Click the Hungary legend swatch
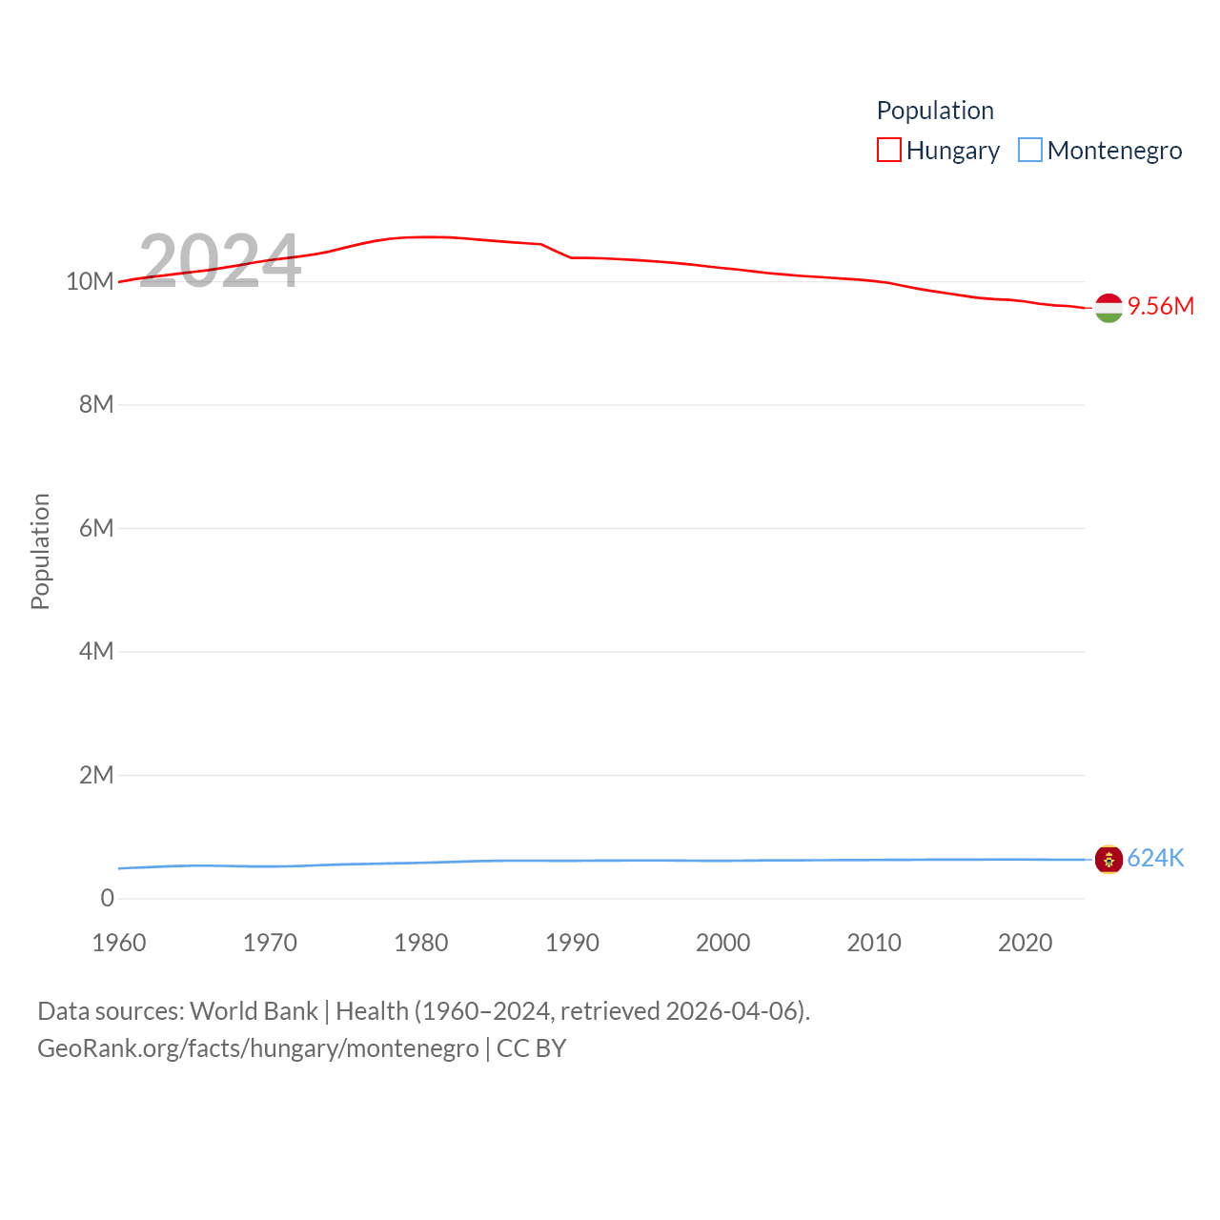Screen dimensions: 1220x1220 (x=888, y=151)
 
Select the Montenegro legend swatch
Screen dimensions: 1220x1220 (x=1029, y=151)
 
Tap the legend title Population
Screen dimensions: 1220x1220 (x=934, y=111)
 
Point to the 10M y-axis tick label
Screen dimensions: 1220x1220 (x=90, y=281)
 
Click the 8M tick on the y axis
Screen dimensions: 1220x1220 (x=96, y=404)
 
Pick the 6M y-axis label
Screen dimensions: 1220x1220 (x=96, y=528)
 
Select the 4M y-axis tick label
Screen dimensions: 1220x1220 (x=96, y=651)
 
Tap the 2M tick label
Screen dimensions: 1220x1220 (x=96, y=775)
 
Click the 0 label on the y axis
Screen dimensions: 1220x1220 (x=107, y=898)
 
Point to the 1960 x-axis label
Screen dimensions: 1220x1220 (x=119, y=943)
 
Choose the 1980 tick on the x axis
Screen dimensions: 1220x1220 (x=421, y=943)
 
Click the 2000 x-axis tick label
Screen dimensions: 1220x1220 (x=723, y=943)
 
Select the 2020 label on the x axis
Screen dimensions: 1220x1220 (x=1026, y=943)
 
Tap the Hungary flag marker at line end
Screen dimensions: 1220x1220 (x=1108, y=308)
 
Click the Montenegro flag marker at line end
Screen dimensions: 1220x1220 (x=1108, y=860)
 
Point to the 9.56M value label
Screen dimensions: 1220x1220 (x=1160, y=306)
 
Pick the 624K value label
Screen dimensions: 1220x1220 (x=1155, y=858)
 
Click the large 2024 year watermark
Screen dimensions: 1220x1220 (x=220, y=261)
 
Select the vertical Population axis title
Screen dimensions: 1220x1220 (x=40, y=551)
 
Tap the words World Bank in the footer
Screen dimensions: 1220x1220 (x=254, y=1010)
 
